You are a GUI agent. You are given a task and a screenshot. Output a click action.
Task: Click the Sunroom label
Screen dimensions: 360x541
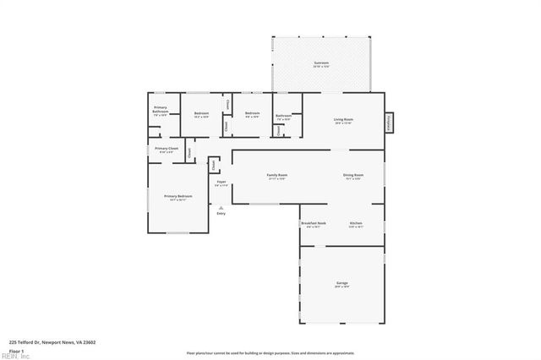tap(320, 63)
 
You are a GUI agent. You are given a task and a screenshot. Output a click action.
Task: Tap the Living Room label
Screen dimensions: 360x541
tap(343, 120)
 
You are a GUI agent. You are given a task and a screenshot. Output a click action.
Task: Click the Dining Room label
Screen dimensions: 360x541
tap(352, 176)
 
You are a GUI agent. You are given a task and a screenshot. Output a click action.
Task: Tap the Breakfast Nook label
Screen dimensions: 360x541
tap(313, 224)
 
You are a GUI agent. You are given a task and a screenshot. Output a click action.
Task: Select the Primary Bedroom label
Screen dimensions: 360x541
tap(178, 197)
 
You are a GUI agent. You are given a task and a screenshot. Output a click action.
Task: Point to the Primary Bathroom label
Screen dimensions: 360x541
tap(160, 110)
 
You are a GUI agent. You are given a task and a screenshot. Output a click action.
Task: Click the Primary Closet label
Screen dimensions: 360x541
tap(167, 150)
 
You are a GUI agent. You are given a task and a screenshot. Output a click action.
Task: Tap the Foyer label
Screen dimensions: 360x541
tap(221, 183)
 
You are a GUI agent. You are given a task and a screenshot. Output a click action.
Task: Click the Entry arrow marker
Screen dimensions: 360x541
tap(221, 207)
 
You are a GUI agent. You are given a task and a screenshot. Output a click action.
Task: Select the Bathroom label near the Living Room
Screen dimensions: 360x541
tap(283, 117)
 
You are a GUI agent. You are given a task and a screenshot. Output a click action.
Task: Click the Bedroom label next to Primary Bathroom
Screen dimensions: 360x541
tap(201, 114)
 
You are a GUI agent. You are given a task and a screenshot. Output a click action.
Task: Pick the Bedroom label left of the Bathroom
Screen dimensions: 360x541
tap(252, 114)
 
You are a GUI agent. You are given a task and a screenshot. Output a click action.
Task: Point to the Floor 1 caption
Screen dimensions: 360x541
tap(16, 350)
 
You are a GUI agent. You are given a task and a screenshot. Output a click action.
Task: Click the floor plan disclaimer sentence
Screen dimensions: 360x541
tap(270, 353)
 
